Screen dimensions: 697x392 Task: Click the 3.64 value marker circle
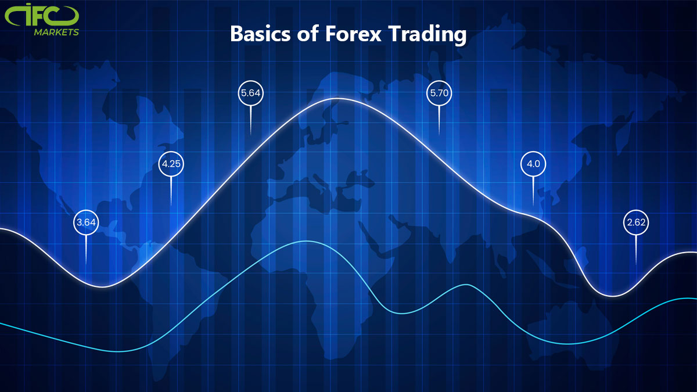pyautogui.click(x=86, y=222)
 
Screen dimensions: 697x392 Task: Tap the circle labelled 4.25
pyautogui.click(x=171, y=164)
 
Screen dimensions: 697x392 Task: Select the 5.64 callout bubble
pyautogui.click(x=251, y=93)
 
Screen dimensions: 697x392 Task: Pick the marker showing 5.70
pyautogui.click(x=439, y=93)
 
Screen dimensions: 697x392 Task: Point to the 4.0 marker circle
pyautogui.click(x=533, y=164)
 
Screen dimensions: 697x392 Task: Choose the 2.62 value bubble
pyautogui.click(x=636, y=222)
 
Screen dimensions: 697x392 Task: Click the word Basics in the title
pyautogui.click(x=260, y=34)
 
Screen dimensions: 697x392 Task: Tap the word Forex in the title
pyautogui.click(x=353, y=34)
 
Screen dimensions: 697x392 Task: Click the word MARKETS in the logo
pyautogui.click(x=56, y=32)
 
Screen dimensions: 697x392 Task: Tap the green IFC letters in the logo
pyautogui.click(x=42, y=14)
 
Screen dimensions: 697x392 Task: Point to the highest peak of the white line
pyautogui.click(x=337, y=99)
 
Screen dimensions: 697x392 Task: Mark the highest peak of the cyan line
pyautogui.click(x=307, y=241)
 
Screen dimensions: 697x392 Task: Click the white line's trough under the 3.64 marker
pyautogui.click(x=103, y=287)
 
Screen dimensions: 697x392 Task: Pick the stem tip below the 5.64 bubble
pyautogui.click(x=251, y=134)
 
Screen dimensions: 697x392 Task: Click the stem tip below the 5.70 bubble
pyautogui.click(x=439, y=134)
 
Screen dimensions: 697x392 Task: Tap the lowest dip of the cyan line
pyautogui.click(x=118, y=351)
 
